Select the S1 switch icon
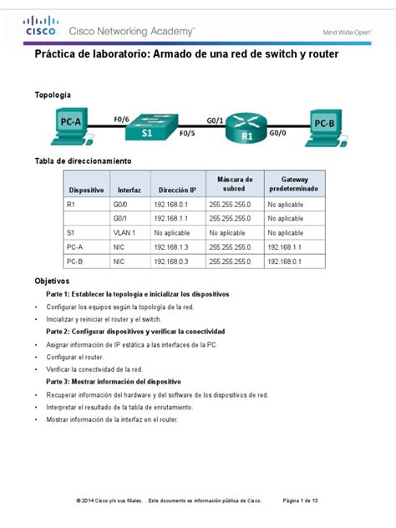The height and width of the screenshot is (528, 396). pos(149,125)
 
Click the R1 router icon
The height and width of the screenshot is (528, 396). pos(247,127)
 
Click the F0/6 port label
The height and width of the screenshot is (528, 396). pos(121,119)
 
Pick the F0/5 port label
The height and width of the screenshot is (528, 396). pos(187,133)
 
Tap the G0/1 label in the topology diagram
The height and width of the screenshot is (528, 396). pos(214,119)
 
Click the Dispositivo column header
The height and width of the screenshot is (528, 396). pos(86,190)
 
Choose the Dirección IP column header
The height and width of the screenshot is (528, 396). pos(176,190)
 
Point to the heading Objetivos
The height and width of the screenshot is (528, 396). pos(52,282)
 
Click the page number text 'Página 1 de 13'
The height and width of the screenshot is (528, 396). pos(307,500)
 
